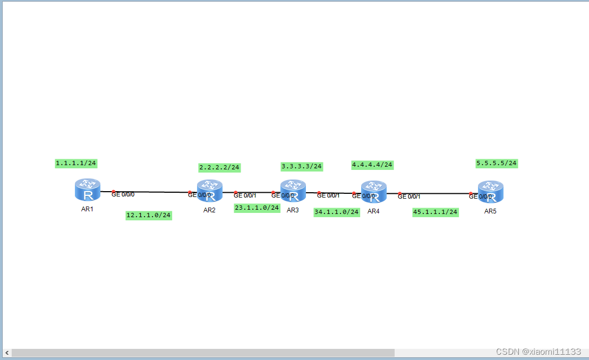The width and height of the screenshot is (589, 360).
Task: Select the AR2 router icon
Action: tap(210, 191)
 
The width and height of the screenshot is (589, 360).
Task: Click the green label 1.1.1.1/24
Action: tap(76, 163)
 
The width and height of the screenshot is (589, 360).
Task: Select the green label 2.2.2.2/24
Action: tap(219, 168)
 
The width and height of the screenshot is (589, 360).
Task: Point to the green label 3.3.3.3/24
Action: tap(302, 166)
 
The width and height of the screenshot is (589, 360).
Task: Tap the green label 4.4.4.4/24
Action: tap(372, 165)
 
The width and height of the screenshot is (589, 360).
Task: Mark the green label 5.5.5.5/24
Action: tap(497, 164)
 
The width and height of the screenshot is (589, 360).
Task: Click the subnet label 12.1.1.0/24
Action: tap(149, 215)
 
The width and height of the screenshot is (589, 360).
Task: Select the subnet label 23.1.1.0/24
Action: tap(257, 208)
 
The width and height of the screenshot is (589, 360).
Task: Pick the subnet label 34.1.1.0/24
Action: tap(337, 212)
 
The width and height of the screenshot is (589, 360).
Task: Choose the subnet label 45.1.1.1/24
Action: tap(436, 212)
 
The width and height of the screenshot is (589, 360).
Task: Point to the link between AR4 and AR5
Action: tap(436, 194)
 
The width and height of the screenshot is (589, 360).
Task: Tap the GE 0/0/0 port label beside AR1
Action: tap(123, 194)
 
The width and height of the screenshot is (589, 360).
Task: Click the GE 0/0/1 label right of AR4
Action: tap(409, 196)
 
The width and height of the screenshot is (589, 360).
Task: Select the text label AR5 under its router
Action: tap(490, 211)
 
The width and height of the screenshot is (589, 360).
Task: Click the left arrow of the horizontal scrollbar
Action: tap(7, 353)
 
